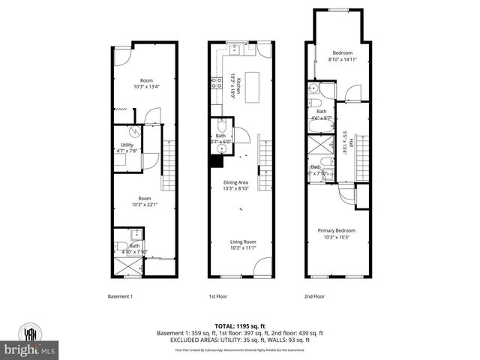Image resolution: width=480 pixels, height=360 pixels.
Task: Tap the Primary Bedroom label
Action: (x=335, y=234)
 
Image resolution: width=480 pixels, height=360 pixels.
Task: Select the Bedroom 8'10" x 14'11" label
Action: (x=342, y=55)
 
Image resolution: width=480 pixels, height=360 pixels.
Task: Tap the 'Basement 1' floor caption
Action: (x=121, y=296)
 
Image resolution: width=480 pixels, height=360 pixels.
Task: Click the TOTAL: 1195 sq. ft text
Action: (x=239, y=325)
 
